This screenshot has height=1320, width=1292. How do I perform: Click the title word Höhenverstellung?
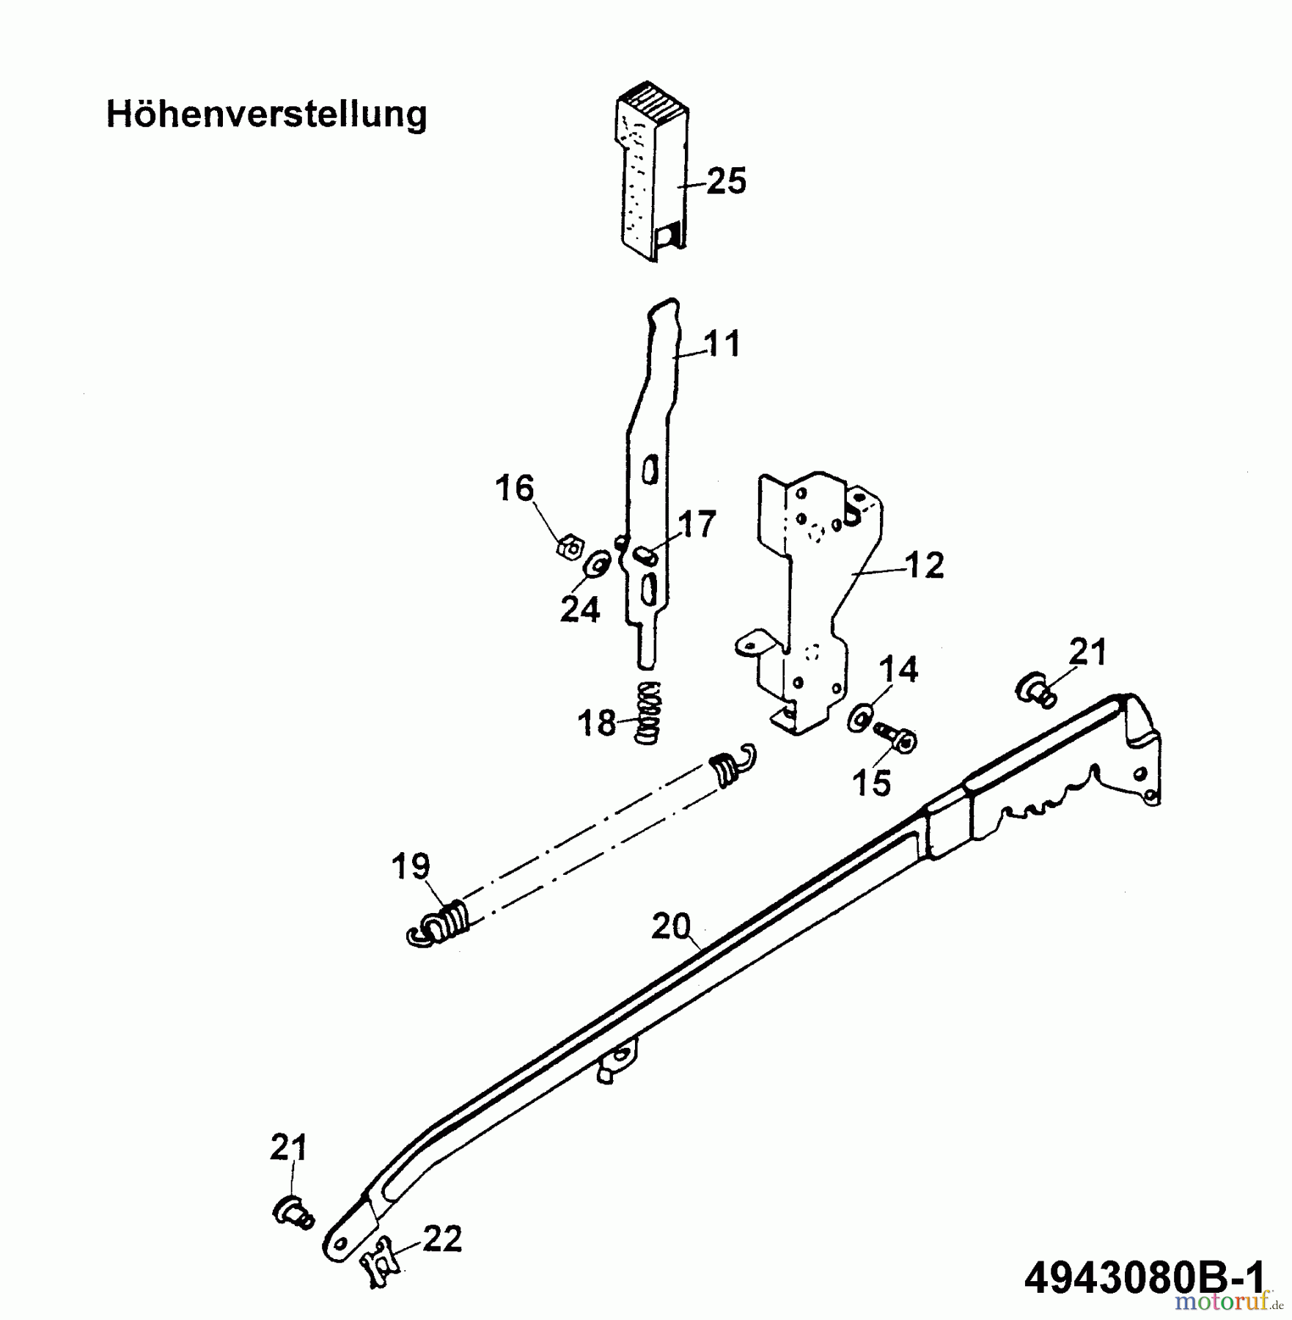(x=266, y=115)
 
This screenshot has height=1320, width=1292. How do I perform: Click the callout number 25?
(x=726, y=180)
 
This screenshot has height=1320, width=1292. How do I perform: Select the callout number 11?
(x=722, y=344)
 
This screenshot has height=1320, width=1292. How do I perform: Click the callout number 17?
(x=696, y=525)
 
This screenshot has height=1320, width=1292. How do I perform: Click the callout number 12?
(x=924, y=565)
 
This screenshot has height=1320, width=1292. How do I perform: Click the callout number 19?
(x=411, y=866)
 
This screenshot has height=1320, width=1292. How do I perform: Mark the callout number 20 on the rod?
(x=671, y=926)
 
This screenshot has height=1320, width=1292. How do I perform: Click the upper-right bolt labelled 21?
(x=1035, y=691)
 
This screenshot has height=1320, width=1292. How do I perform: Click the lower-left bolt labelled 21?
(x=293, y=1210)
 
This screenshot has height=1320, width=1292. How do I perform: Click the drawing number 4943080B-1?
(x=1144, y=1279)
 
